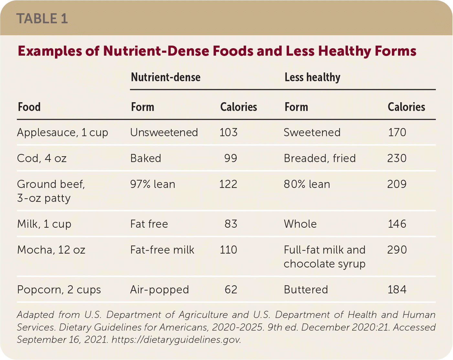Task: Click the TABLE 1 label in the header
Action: pos(42,18)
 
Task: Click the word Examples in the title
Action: pos(50,51)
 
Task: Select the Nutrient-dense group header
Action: pos(166,77)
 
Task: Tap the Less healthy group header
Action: pos(312,77)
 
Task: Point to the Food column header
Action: pos(29,107)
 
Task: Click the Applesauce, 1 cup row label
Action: pos(62,133)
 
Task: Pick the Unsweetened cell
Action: pos(164,133)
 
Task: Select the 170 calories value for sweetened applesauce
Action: pos(397,133)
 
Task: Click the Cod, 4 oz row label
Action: pos(42,158)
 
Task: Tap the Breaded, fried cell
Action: pos(319,158)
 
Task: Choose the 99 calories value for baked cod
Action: pos(231,158)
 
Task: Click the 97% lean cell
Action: pos(153,184)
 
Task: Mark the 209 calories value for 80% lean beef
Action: pos(397,184)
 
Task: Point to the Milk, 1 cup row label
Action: pos(44,224)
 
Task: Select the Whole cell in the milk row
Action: pos(300,224)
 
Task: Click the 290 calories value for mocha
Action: pos(397,250)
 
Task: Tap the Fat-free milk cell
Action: pos(162,250)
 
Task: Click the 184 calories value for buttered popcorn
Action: pos(397,289)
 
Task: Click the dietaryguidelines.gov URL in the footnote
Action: pos(176,340)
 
